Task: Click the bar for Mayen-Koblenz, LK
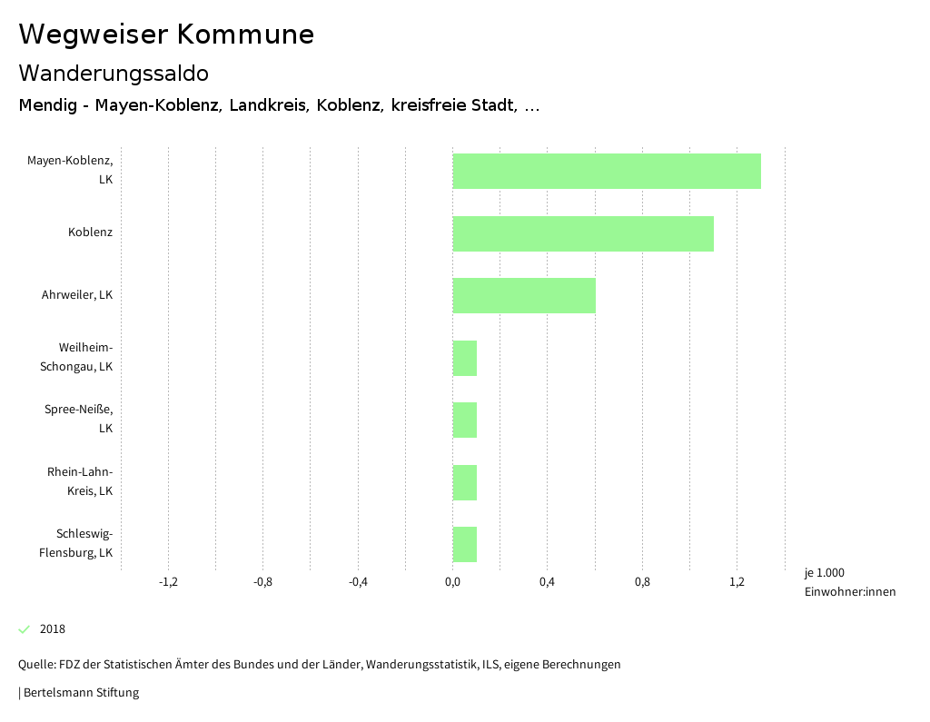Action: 607,171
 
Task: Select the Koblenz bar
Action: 583,233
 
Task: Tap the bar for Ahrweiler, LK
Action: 524,295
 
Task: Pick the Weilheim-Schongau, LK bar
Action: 465,358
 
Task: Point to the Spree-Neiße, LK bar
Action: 465,420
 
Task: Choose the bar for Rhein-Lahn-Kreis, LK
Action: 465,482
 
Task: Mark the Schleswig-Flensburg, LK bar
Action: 465,544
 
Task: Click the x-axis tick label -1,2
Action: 168,582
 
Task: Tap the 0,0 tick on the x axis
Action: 452,582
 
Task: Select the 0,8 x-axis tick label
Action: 642,582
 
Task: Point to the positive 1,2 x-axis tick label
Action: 737,582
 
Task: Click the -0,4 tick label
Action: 358,582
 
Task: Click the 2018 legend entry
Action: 53,629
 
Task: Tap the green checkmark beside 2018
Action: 25,629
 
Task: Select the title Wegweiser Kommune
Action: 166,35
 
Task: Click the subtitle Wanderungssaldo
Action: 114,73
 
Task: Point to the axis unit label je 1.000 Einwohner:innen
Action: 849,582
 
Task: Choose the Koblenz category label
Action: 90,232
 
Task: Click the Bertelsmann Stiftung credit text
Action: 81,693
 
